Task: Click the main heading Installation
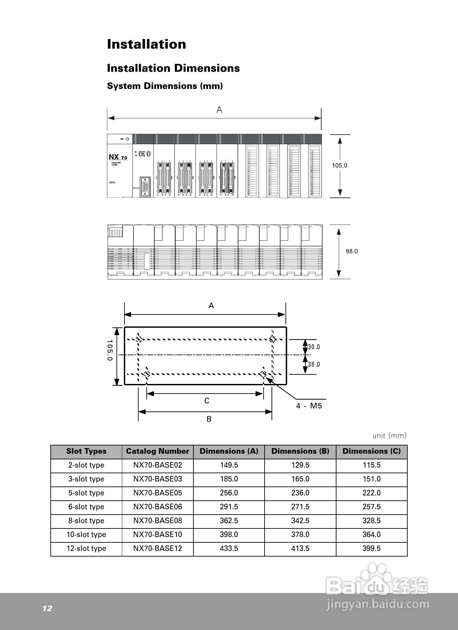coord(146,44)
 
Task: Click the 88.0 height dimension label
coord(351,251)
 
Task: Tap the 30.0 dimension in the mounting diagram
coord(314,347)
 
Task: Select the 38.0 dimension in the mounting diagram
coord(314,364)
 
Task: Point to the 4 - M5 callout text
coord(309,406)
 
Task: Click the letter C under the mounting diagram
coord(207,401)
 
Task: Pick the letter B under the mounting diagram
coord(209,419)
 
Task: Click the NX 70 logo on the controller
coord(118,157)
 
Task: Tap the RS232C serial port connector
coord(145,187)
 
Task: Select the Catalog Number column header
coord(157,451)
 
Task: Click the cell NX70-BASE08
coord(157,521)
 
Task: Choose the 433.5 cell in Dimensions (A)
coord(229,548)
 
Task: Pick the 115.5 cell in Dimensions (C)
coord(371,465)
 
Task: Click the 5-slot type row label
coord(86,493)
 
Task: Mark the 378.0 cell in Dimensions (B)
coord(300,534)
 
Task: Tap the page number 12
coord(47,608)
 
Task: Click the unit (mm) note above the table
coord(389,436)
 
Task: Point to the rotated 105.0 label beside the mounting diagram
coord(110,350)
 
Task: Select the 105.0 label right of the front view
coord(339,165)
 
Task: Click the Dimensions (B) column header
coord(300,451)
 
